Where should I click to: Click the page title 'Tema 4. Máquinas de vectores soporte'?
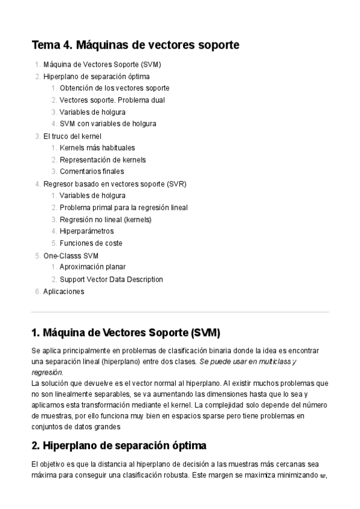pyautogui.click(x=135, y=45)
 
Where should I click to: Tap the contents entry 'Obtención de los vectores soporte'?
pyautogui.click(x=115, y=88)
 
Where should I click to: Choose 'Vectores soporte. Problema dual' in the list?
pyautogui.click(x=112, y=100)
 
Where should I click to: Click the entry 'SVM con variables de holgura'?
pyautogui.click(x=108, y=124)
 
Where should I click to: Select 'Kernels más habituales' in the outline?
pyautogui.click(x=97, y=148)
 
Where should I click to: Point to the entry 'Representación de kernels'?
pyautogui.click(x=103, y=160)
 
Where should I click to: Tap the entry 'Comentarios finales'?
pyautogui.click(x=92, y=172)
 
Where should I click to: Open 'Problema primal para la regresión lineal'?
pyautogui.click(x=124, y=207)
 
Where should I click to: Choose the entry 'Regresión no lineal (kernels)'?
pyautogui.click(x=106, y=219)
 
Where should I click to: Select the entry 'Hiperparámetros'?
pyautogui.click(x=86, y=231)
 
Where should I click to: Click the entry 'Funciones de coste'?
pyautogui.click(x=91, y=243)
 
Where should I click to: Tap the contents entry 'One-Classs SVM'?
pyautogui.click(x=71, y=255)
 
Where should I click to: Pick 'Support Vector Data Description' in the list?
pyautogui.click(x=111, y=279)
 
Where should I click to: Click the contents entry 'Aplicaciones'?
pyautogui.click(x=64, y=291)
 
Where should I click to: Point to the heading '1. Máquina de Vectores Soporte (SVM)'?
pyautogui.click(x=125, y=332)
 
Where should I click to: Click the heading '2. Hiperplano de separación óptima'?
pyautogui.click(x=119, y=446)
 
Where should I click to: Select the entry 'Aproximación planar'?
pyautogui.click(x=92, y=267)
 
